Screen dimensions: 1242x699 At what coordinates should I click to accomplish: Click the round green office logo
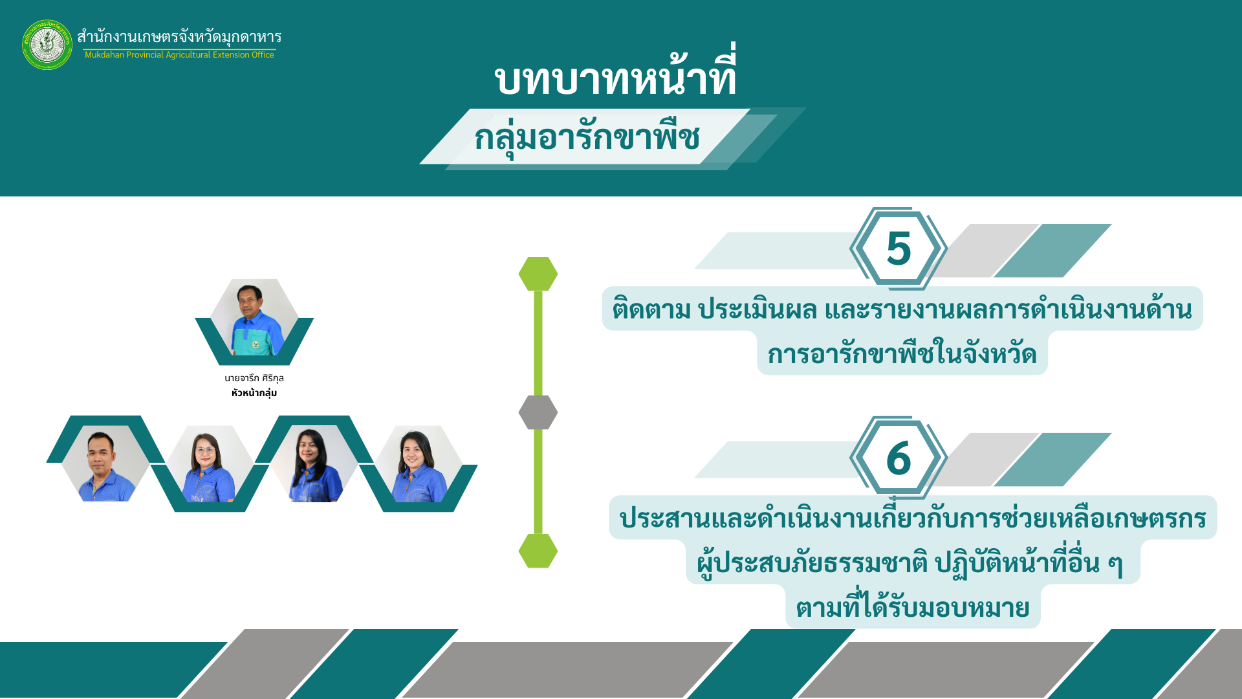click(x=47, y=45)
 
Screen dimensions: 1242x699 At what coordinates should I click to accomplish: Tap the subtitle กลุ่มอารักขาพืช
click(x=587, y=137)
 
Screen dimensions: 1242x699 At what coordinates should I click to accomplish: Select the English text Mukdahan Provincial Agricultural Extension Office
click(x=179, y=55)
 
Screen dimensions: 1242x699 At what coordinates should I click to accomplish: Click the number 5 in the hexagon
click(x=899, y=249)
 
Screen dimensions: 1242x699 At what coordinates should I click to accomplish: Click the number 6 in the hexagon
click(x=899, y=458)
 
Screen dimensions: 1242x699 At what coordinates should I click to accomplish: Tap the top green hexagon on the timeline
click(x=538, y=274)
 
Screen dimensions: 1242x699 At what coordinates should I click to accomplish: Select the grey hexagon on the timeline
click(x=538, y=412)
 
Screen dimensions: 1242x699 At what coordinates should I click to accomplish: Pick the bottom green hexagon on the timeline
click(x=538, y=551)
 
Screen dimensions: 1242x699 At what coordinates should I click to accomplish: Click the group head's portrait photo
click(x=254, y=318)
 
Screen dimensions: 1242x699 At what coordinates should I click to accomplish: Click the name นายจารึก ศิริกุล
click(x=254, y=378)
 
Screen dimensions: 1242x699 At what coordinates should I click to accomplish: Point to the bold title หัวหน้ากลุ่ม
click(x=254, y=393)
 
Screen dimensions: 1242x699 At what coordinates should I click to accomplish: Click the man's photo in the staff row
click(x=105, y=463)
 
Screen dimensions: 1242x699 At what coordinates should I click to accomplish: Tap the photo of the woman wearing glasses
click(x=210, y=463)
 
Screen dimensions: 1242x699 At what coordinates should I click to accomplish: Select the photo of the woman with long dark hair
click(x=314, y=463)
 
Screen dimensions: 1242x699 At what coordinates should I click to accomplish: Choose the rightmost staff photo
click(x=419, y=463)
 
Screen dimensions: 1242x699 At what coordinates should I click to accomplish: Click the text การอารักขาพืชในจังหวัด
click(x=902, y=353)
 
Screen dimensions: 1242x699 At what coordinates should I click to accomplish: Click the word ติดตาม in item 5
click(x=651, y=309)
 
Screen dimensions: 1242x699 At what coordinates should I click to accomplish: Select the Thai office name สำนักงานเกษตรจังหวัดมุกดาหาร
click(x=179, y=36)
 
